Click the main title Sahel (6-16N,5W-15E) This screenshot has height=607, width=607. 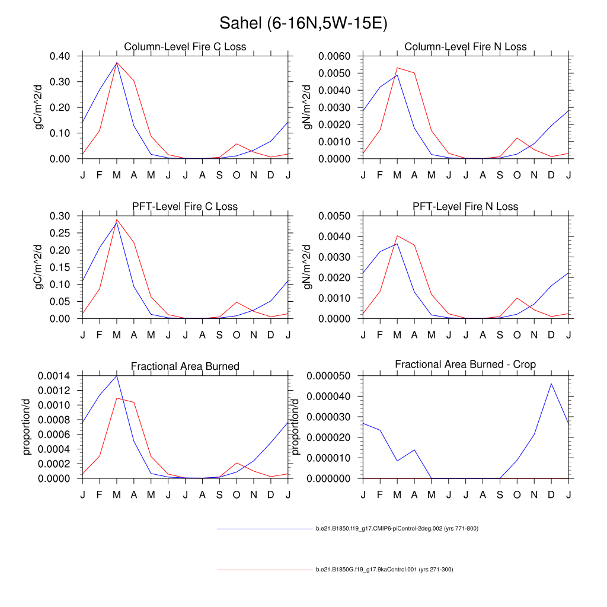303,23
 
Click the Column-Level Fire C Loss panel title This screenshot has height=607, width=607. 185,47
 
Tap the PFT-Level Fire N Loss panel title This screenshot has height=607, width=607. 465,206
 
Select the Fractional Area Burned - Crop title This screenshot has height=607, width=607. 465,365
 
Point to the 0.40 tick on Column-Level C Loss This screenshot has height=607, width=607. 61,56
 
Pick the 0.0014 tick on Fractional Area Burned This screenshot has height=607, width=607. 56,376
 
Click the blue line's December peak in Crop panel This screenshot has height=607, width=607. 551,384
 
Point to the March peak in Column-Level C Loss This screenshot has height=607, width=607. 117,62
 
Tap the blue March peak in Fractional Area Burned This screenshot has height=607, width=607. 117,375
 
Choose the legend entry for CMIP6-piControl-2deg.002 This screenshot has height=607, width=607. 397,528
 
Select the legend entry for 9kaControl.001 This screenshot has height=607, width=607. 384,570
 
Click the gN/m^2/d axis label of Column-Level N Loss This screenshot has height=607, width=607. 308,107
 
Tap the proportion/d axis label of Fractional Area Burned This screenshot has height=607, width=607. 27,427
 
